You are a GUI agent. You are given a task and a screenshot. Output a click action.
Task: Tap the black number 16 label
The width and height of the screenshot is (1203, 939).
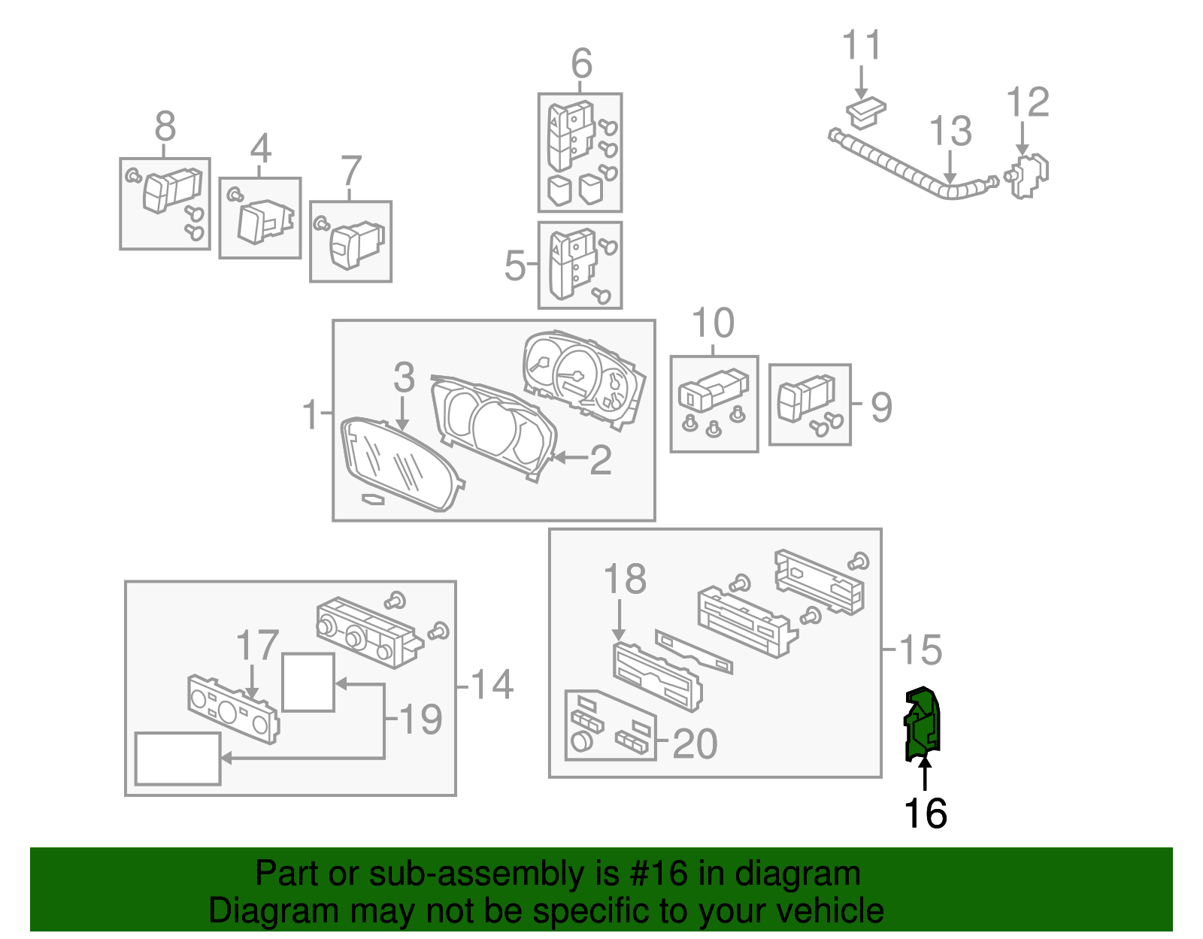click(925, 813)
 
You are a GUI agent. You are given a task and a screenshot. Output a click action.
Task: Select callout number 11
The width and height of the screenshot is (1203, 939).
click(861, 46)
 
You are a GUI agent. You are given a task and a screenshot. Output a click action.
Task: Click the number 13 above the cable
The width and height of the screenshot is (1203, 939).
click(951, 132)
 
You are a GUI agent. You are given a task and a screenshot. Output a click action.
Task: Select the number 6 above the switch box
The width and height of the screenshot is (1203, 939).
click(581, 63)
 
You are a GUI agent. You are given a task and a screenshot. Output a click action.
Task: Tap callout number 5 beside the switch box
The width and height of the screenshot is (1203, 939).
click(515, 265)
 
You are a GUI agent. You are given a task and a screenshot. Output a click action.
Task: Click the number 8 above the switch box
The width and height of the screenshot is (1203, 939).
click(165, 126)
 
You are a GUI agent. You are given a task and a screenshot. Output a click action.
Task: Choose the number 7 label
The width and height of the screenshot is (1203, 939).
click(351, 171)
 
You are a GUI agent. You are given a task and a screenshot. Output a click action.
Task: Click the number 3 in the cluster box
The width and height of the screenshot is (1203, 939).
click(404, 377)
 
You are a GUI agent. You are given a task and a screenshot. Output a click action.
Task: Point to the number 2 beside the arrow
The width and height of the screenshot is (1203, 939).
click(600, 460)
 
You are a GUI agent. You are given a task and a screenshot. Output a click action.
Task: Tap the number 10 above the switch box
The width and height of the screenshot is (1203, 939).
click(712, 324)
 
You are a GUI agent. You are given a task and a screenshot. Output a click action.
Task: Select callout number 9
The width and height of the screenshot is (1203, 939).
click(880, 407)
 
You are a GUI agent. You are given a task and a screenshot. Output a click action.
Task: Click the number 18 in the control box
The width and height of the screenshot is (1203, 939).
click(625, 579)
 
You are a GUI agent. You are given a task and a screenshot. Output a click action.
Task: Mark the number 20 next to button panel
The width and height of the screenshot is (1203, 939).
click(694, 744)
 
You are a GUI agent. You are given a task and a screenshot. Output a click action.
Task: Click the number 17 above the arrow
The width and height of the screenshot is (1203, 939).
click(257, 646)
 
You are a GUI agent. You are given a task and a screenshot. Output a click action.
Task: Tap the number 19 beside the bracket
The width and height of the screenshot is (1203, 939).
click(421, 719)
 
